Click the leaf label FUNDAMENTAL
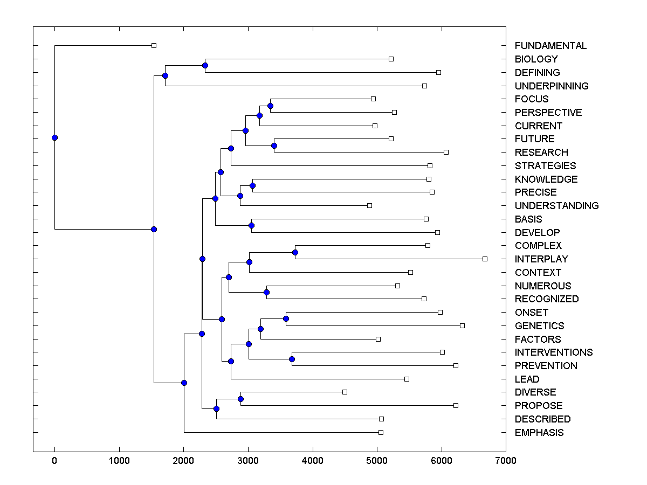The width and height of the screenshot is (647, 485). [x=550, y=46]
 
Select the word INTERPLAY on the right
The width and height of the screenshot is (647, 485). [x=541, y=259]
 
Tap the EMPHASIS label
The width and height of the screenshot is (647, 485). [x=539, y=433]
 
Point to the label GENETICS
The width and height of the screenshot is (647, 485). [x=539, y=326]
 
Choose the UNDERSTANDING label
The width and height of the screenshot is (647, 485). [x=556, y=206]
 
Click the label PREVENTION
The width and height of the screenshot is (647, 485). [x=546, y=366]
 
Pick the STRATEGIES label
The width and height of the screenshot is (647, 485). [x=545, y=166]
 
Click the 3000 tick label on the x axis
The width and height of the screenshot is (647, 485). [x=248, y=460]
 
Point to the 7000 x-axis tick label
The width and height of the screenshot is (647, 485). [x=506, y=460]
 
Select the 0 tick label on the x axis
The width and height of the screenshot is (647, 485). [x=54, y=460]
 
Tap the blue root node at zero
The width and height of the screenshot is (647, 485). [x=54, y=137]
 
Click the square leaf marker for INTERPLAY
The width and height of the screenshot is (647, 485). [x=485, y=259]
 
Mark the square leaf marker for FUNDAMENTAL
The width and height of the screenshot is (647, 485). [x=154, y=45]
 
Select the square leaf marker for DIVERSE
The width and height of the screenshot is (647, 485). [x=345, y=392]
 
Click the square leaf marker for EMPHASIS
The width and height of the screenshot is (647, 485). [x=381, y=432]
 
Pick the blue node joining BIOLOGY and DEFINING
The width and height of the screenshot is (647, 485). [x=205, y=65]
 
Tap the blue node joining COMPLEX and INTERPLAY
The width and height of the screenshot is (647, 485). [x=295, y=252]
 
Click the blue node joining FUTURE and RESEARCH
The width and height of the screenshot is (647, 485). [x=274, y=145]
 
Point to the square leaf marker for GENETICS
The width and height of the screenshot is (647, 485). [x=462, y=325]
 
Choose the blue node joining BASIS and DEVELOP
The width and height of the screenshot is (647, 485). [x=251, y=225]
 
